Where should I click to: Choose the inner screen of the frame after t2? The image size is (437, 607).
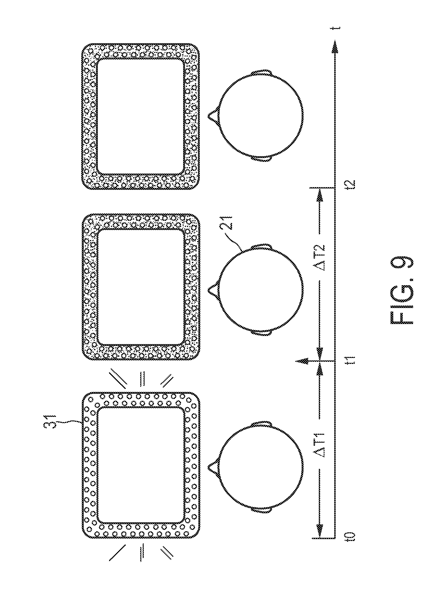pyautogui.click(x=140, y=117)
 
